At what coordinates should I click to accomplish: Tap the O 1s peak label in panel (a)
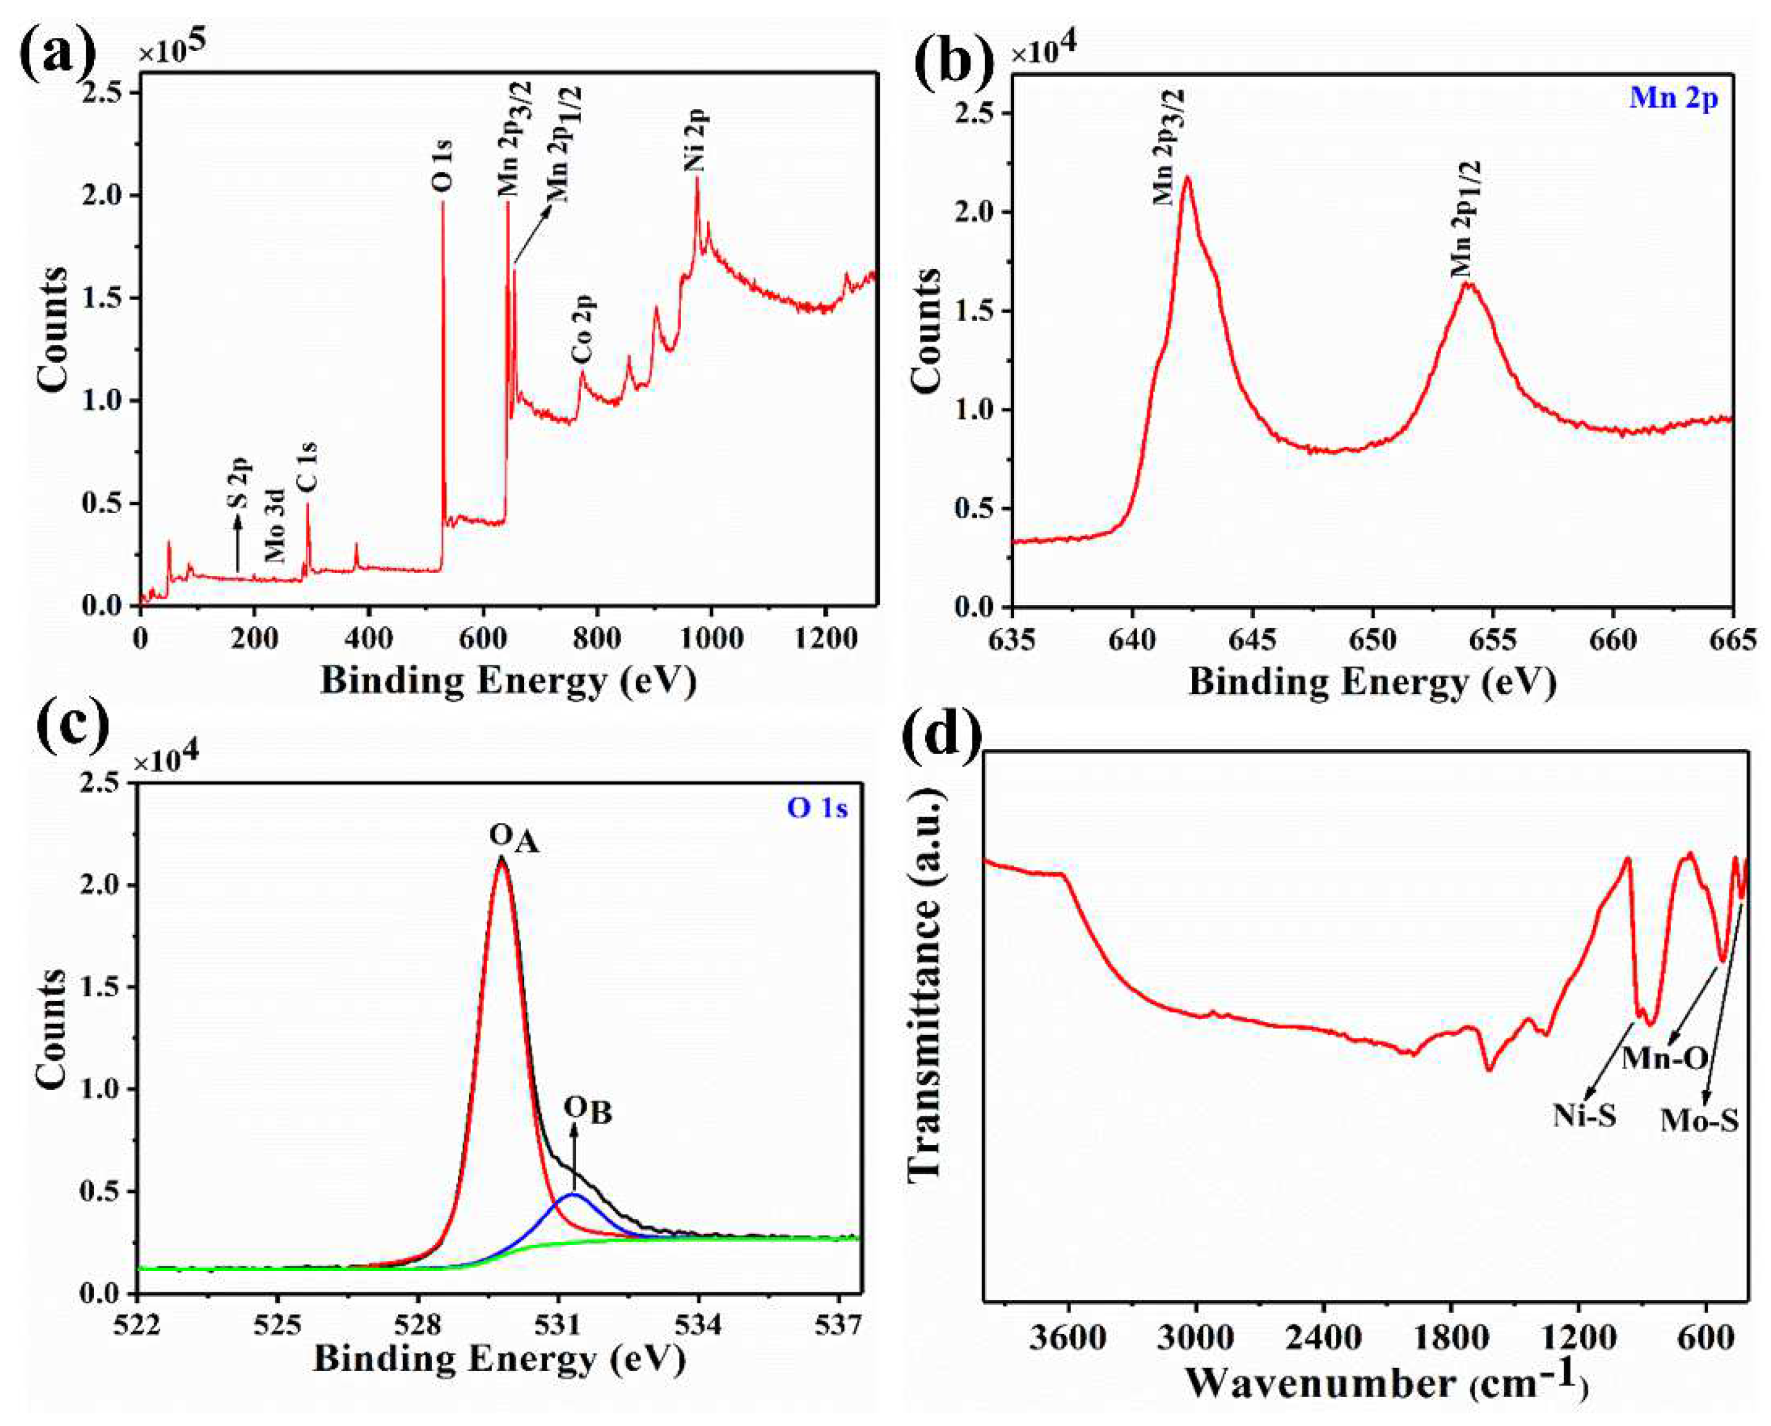[x=442, y=168]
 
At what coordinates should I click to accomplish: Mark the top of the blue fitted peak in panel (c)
[x=575, y=1195]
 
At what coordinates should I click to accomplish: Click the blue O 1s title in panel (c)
[x=817, y=808]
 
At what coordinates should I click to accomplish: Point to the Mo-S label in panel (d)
[x=1700, y=1120]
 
